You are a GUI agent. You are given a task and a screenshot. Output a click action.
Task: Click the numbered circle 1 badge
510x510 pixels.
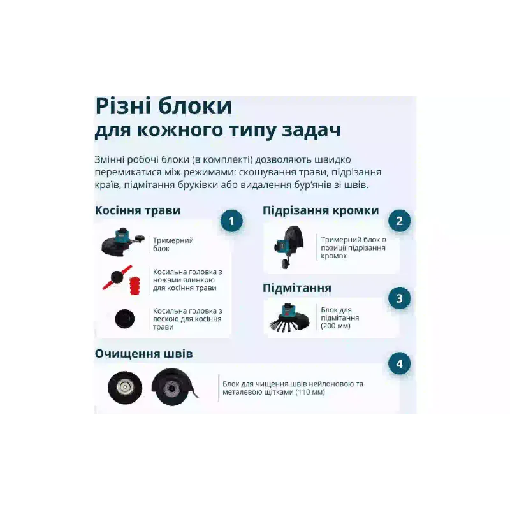click(231, 221)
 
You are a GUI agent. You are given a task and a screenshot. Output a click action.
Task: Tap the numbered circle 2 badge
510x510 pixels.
click(400, 221)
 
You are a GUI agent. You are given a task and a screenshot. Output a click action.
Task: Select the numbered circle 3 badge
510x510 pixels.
click(400, 298)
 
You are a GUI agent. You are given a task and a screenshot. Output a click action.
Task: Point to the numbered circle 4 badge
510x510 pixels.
click(400, 363)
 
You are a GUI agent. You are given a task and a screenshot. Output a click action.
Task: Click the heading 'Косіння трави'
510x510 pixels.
click(138, 210)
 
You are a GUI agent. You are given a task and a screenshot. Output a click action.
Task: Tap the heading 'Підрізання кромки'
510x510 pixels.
click(321, 210)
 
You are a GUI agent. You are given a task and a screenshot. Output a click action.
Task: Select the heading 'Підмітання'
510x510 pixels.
click(297, 288)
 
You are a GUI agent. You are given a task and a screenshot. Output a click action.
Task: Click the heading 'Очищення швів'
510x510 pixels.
click(144, 354)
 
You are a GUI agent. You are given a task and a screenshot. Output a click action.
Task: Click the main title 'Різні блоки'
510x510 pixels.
click(164, 106)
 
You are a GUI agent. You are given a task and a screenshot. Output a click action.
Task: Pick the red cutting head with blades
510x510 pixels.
click(117, 277)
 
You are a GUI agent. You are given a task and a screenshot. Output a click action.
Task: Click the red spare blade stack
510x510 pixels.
click(135, 285)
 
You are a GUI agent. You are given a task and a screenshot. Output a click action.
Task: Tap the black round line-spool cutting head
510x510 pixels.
click(124, 318)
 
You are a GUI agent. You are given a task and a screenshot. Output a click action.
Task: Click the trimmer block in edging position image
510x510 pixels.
click(289, 247)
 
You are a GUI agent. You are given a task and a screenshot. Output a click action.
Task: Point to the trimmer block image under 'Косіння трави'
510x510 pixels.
click(122, 242)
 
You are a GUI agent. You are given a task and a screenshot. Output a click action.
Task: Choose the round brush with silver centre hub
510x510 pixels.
click(125, 388)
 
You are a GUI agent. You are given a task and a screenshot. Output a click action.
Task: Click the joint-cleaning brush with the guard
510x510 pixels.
click(174, 387)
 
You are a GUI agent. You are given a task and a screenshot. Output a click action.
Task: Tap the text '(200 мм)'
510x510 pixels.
click(335, 326)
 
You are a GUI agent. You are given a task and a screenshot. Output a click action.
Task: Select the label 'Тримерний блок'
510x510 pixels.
click(173, 244)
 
